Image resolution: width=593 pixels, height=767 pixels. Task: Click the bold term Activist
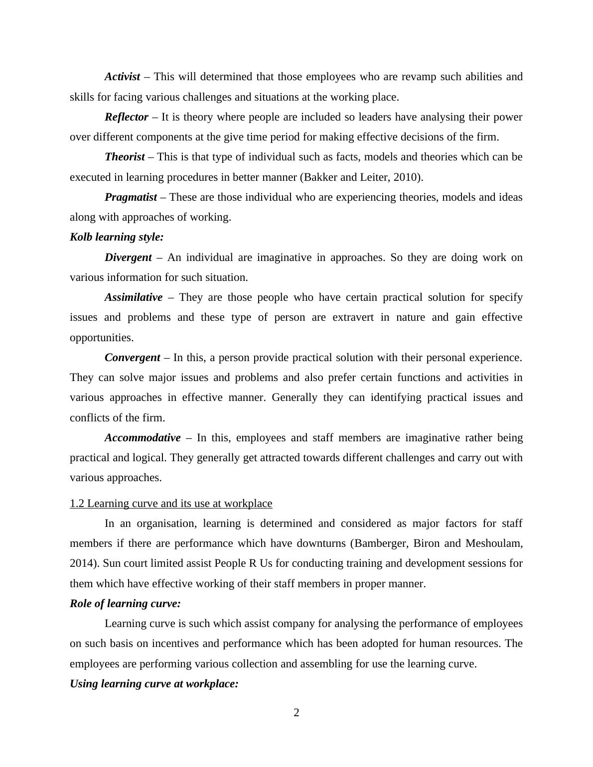122,77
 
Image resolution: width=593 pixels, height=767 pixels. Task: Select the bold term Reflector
126,117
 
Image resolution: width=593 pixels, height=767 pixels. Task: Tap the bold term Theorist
125,157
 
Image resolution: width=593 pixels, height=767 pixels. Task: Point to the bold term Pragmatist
131,197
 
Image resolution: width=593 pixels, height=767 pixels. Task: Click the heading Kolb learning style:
117,237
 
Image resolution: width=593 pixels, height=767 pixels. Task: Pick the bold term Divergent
128,257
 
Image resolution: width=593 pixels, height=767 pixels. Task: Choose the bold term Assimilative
133,297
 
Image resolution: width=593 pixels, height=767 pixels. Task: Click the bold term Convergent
132,358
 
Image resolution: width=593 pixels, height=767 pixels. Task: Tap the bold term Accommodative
143,438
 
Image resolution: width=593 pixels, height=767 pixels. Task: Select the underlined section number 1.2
77,504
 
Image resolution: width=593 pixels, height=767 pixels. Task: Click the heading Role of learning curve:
125,604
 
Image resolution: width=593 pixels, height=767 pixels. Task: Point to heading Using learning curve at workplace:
154,684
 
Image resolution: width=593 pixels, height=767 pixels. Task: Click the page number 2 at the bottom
296,713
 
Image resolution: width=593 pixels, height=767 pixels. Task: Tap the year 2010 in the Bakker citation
411,177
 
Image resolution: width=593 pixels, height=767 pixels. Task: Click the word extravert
353,317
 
